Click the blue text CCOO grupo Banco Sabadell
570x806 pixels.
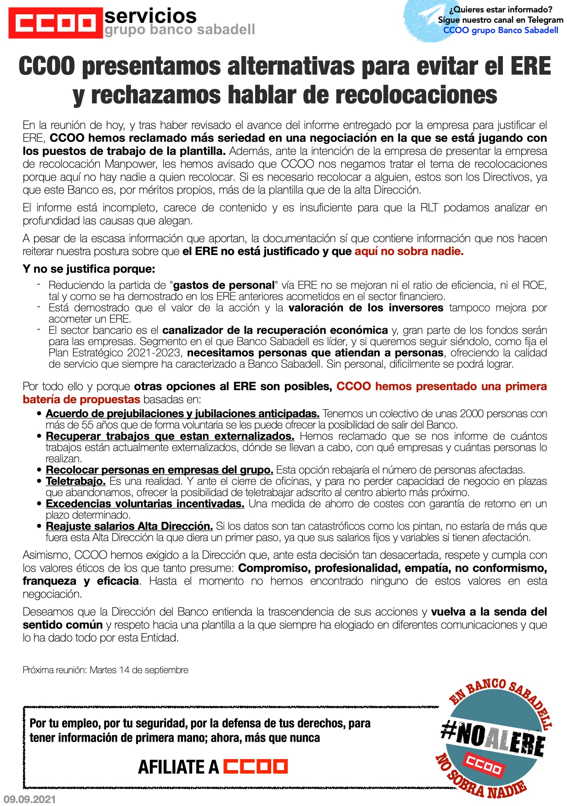pos(501,30)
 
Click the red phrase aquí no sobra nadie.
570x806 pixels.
pos(409,251)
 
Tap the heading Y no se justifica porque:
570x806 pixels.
pos(89,269)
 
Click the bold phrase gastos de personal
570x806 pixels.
pos(223,285)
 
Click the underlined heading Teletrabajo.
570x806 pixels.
pos(76,481)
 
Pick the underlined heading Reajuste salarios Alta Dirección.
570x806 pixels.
pos(129,526)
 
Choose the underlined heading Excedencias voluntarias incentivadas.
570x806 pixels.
pos(145,504)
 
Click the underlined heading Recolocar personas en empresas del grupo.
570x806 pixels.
pos(160,470)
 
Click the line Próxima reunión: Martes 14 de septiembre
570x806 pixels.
pos(105,670)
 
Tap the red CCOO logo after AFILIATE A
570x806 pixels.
pos(255,766)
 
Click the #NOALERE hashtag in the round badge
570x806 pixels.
pos(493,738)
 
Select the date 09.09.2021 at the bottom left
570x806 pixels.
pos(29,799)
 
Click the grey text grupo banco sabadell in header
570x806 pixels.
pos(179,30)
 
